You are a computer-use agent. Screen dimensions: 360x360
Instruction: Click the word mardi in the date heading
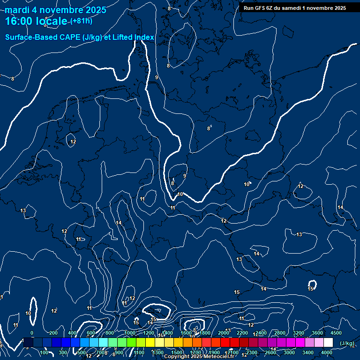(x=17, y=10)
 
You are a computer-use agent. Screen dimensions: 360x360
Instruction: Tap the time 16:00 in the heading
(x=19, y=21)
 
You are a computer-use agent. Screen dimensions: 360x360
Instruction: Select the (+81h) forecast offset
(x=81, y=21)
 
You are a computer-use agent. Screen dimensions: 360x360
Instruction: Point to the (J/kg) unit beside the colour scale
(x=346, y=343)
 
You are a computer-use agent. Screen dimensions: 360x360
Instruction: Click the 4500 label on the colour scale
(x=336, y=333)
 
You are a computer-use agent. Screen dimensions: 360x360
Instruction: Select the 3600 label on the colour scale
(x=317, y=333)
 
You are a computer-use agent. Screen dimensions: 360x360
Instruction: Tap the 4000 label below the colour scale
(x=327, y=352)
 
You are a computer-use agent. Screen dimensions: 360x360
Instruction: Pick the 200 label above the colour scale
(x=53, y=333)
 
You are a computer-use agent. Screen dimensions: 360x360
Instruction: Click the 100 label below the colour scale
(x=44, y=352)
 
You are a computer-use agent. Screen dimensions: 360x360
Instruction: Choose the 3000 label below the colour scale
(x=289, y=352)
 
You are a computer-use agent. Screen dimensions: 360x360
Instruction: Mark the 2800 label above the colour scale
(x=280, y=333)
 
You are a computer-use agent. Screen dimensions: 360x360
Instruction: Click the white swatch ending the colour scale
(x=328, y=343)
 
